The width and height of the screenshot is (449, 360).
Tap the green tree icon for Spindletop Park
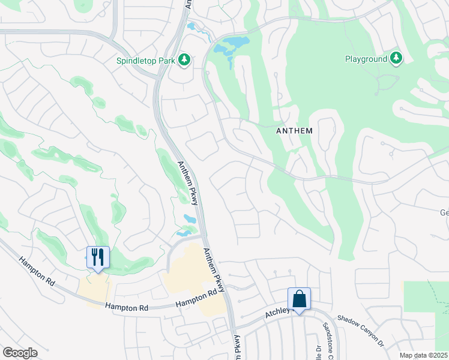pos(185,59)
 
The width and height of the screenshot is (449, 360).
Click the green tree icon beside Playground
pos(396,58)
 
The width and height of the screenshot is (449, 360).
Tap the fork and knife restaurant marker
pos(97,257)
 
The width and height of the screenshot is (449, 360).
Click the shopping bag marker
pos(299,299)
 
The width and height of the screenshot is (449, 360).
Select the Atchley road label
pos(278,313)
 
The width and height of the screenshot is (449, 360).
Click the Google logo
pos(19,353)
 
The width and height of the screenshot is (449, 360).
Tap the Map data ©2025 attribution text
pos(423,355)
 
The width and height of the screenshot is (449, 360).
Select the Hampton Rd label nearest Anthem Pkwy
pos(196,300)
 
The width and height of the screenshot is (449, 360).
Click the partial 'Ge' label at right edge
pos(444,212)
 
